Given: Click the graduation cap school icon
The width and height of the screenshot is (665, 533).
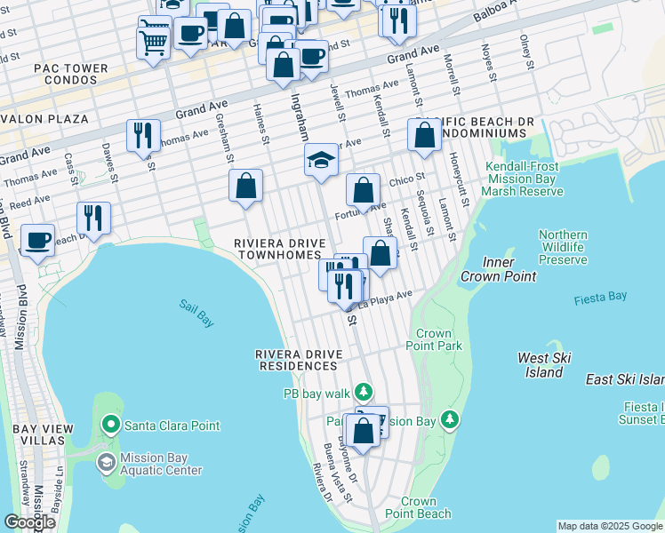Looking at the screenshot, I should point(321,160).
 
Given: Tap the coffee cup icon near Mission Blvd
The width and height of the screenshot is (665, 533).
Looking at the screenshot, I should point(37,240).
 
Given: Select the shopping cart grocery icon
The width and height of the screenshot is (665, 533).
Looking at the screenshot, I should point(153,40).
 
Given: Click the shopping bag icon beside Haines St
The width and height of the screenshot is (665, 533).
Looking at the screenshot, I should point(246,186).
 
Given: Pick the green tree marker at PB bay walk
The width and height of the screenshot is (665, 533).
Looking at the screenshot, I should point(363,392).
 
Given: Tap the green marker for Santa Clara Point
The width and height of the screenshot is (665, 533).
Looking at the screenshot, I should point(111,426).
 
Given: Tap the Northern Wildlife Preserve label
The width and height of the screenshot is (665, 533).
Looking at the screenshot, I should point(563,247).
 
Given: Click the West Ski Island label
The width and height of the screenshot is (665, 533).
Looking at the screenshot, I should point(544,364).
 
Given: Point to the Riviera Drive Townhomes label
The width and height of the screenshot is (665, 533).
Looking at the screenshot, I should point(276,249).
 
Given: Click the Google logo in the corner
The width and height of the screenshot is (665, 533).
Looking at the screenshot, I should point(29,521).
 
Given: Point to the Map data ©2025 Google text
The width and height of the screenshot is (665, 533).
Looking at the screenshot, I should point(610,526).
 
